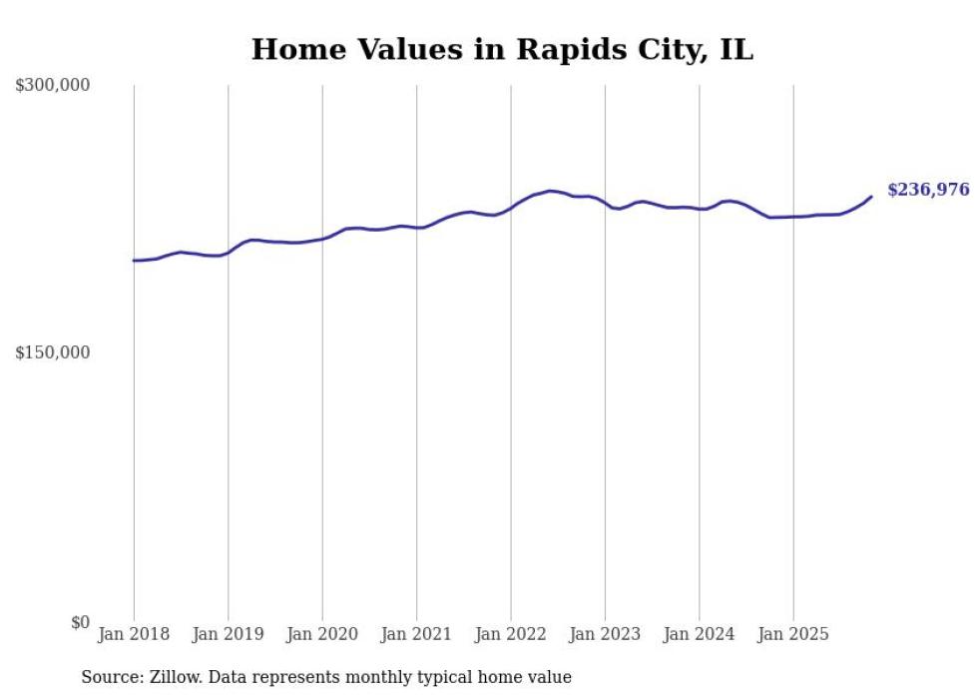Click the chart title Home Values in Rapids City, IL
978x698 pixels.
(502, 49)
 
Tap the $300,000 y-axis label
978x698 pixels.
(52, 86)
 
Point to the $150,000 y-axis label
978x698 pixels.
(52, 352)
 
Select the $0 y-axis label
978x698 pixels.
(80, 622)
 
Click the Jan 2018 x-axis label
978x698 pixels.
(134, 634)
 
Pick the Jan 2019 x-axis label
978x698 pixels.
(228, 634)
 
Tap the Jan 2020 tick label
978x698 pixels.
(322, 634)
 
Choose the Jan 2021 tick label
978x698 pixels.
(416, 634)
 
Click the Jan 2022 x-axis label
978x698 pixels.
(511, 634)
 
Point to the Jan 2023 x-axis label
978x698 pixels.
(605, 634)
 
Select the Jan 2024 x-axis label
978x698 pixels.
(700, 634)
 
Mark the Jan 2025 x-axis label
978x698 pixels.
(793, 634)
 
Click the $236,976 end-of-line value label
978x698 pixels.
(927, 190)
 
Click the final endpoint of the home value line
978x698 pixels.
(871, 197)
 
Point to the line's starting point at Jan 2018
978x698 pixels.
(134, 261)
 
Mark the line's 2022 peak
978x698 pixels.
(550, 191)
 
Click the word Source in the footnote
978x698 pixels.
(109, 677)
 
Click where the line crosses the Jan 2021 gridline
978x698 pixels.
(416, 228)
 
